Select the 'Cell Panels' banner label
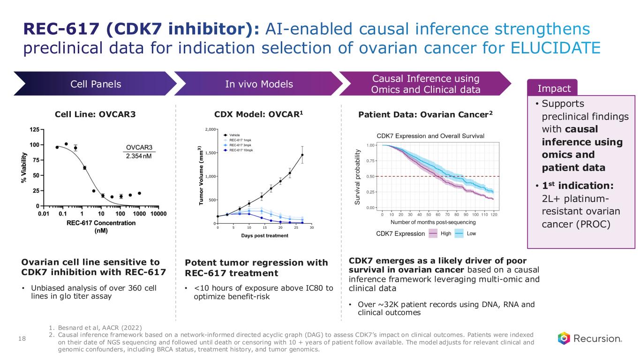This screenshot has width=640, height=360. (x=95, y=84)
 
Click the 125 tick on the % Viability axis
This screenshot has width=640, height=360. (x=34, y=129)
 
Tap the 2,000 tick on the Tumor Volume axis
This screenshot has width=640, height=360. (x=209, y=129)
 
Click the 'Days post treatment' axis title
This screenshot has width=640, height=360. (x=264, y=235)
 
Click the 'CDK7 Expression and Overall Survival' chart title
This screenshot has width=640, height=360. (x=430, y=135)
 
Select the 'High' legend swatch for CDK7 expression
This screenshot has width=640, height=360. (x=434, y=233)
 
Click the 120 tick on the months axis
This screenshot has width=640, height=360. (x=494, y=215)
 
